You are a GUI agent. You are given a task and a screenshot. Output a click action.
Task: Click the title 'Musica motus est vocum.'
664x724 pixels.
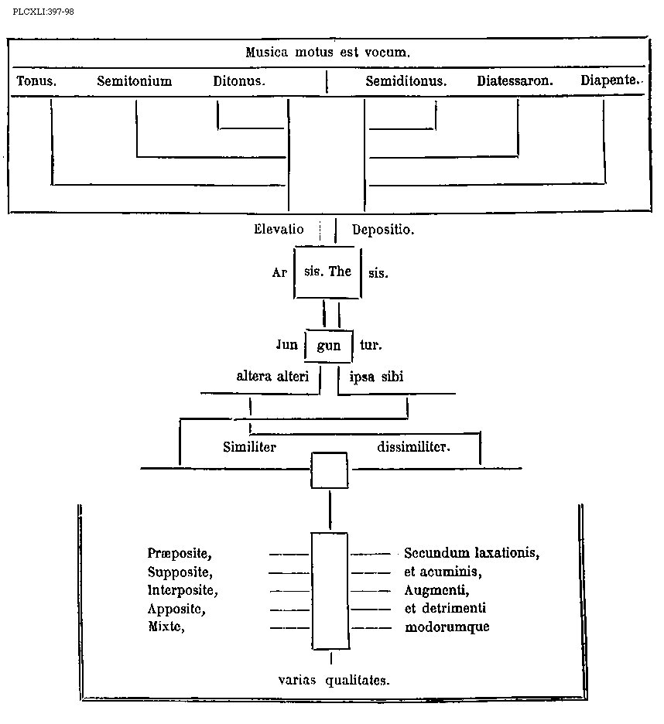[327, 53]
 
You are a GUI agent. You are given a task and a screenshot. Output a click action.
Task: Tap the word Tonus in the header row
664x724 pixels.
[36, 80]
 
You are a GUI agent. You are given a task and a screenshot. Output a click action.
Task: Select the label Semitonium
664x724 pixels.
[134, 80]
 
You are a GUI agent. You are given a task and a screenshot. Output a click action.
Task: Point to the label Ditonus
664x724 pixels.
[239, 80]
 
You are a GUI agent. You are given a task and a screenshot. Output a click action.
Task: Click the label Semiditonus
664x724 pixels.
[406, 80]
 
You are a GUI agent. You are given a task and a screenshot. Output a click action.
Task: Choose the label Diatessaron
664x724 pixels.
[515, 80]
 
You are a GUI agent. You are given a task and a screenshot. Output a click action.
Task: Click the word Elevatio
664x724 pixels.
[279, 230]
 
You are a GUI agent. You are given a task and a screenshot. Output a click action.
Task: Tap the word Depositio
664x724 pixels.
[382, 230]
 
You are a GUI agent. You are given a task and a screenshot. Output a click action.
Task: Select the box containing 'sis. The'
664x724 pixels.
[328, 272]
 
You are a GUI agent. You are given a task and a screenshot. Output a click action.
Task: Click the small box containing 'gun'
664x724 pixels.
[329, 346]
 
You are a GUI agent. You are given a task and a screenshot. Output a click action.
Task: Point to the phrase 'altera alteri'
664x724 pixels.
[272, 377]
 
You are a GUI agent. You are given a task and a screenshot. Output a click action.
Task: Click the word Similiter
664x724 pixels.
[249, 446]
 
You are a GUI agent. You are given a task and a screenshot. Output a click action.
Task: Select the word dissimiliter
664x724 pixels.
[413, 446]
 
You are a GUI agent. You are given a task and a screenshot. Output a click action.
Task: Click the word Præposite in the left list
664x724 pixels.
[180, 553]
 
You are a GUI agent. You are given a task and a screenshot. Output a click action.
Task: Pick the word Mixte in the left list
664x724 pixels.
[166, 627]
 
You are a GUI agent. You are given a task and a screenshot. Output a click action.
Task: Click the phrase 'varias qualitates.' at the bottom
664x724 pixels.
[334, 680]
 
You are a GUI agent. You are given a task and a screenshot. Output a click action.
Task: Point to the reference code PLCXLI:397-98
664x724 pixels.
[43, 12]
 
